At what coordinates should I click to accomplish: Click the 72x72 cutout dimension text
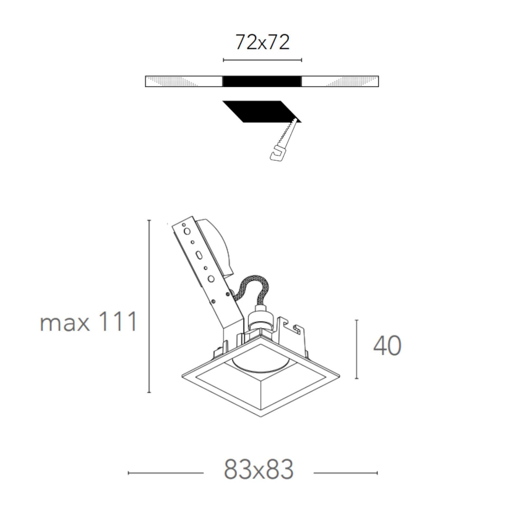coord(262,42)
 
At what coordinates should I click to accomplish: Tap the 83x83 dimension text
coord(259,470)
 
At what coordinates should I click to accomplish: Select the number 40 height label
coord(387,345)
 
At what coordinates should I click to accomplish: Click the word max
coord(65,323)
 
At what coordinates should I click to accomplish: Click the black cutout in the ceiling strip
coord(262,81)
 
